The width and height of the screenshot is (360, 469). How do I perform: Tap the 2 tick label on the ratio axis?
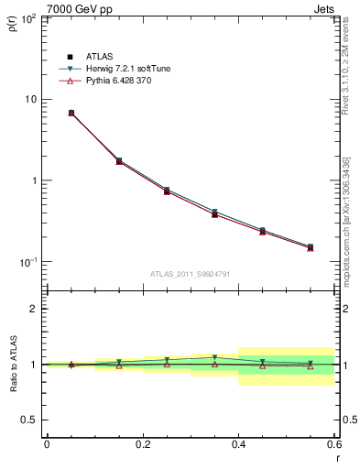34,309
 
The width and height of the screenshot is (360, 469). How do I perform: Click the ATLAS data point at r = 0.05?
71,113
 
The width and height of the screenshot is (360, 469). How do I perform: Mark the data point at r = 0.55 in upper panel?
311,247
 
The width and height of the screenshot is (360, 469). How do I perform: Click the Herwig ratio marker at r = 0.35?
214,358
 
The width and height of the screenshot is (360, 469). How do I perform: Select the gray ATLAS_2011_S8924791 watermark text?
190,274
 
